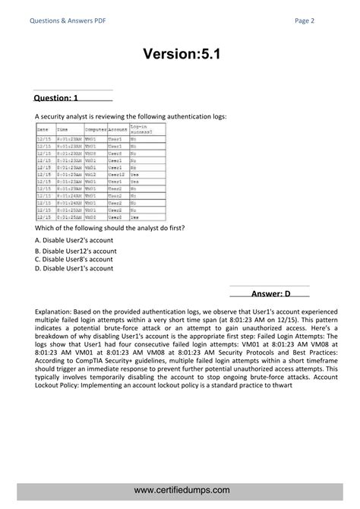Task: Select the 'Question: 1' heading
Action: pyautogui.click(x=55, y=98)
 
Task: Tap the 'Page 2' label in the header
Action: pyautogui.click(x=306, y=21)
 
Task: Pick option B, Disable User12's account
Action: pyautogui.click(x=76, y=250)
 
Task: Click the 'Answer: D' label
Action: pyautogui.click(x=271, y=293)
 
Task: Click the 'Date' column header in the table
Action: pyautogui.click(x=43, y=130)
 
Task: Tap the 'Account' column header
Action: pyautogui.click(x=117, y=130)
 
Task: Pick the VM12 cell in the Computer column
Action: pyautogui.click(x=91, y=175)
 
